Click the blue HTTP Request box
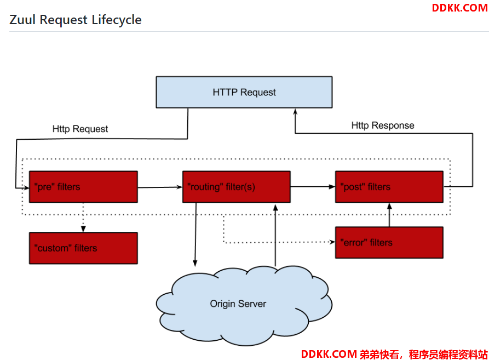click(244, 92)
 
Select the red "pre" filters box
click(83, 186)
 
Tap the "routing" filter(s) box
click(237, 186)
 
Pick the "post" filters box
click(389, 186)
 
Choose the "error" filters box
click(389, 242)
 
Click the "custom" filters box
click(83, 248)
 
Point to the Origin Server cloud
click(244, 306)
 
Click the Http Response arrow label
click(383, 125)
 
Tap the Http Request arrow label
click(80, 129)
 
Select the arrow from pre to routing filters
click(160, 187)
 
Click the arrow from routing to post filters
click(313, 186)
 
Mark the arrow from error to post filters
click(389, 215)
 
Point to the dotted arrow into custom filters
click(83, 218)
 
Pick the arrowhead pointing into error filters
click(332, 242)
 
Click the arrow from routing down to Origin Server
click(195, 235)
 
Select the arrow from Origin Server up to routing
click(275, 236)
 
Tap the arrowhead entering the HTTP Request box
click(295, 112)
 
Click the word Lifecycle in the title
click(117, 20)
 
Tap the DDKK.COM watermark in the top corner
click(459, 8)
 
